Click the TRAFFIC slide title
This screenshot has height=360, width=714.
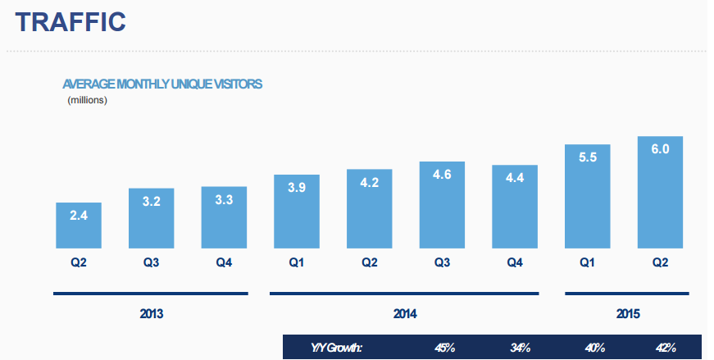70,22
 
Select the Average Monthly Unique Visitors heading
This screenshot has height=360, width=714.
162,84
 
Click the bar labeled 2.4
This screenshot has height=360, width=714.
78,226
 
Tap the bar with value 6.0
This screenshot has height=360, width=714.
660,193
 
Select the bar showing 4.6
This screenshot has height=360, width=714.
442,205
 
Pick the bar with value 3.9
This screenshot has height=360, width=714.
297,212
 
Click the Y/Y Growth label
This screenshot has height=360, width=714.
338,348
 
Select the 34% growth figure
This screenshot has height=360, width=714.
520,348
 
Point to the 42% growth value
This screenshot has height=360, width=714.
665,348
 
